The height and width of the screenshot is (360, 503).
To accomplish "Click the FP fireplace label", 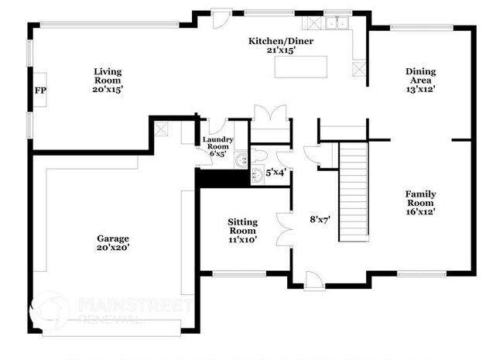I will pos(40,91).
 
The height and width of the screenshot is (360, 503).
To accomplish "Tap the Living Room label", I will pos(108,76).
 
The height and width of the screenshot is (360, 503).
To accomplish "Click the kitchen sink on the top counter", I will pos(336,24).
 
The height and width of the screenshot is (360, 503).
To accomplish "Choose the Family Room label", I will pos(422,198).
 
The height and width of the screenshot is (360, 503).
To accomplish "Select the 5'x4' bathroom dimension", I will pos(276,173).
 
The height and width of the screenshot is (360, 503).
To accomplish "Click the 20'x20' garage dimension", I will pos(112,249).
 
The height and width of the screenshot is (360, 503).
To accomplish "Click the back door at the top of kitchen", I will pos(221,17).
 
